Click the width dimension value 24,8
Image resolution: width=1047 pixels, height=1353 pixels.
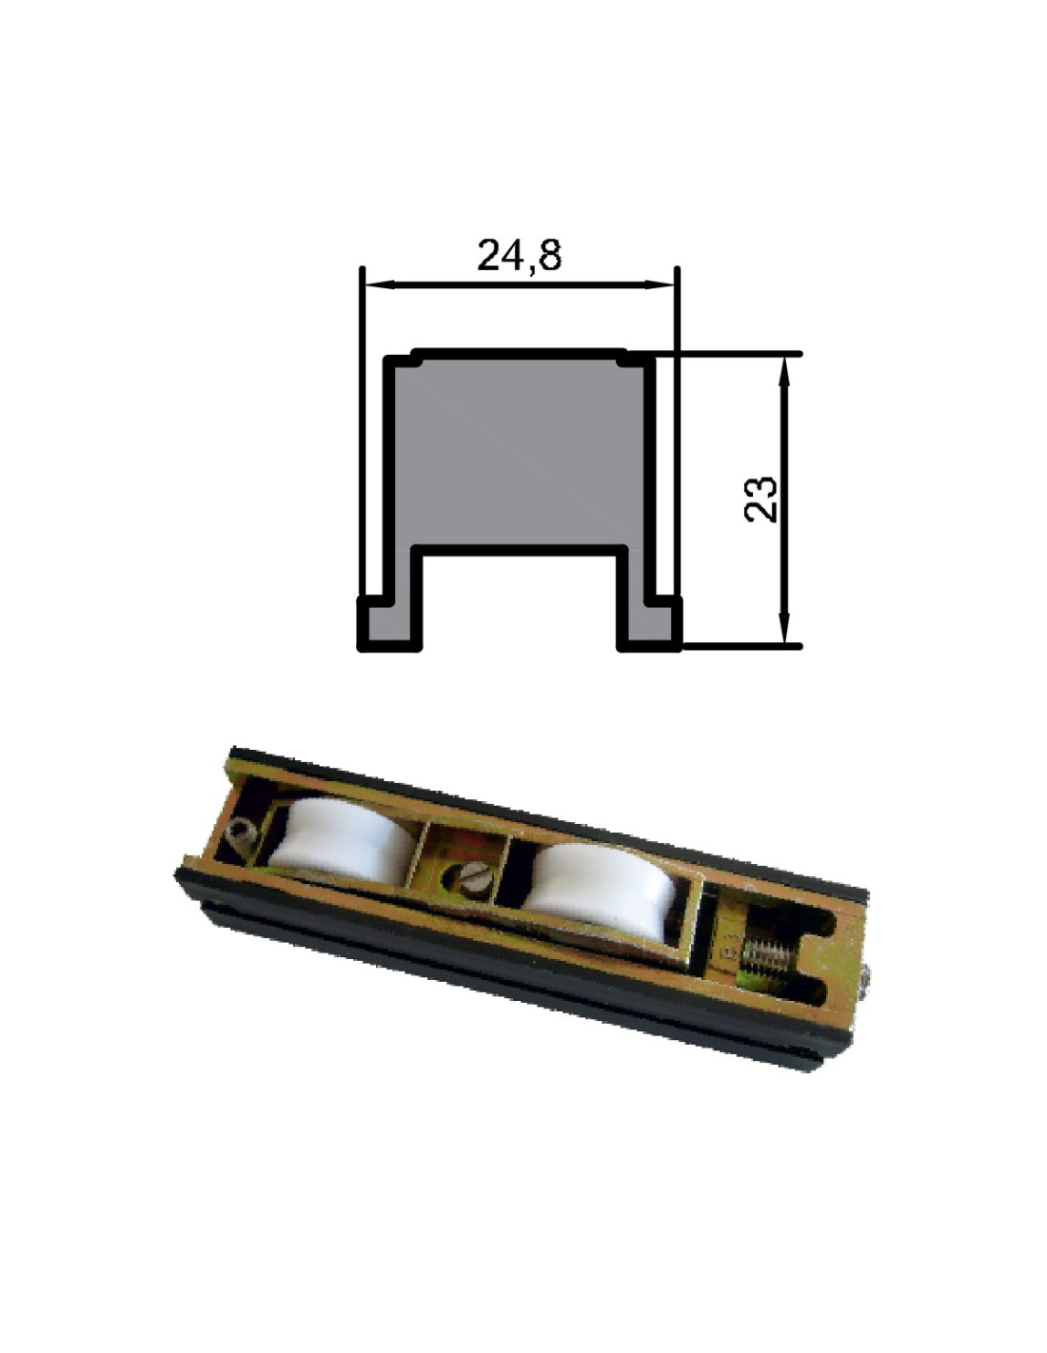(x=519, y=255)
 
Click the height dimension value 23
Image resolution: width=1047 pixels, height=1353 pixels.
(x=761, y=499)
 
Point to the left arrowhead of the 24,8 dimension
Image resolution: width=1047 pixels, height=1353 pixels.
(x=380, y=284)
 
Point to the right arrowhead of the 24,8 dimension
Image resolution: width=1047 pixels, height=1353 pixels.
(x=660, y=284)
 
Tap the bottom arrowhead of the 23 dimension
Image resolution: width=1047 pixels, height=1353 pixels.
(x=786, y=628)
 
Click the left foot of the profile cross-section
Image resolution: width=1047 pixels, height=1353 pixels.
(x=389, y=624)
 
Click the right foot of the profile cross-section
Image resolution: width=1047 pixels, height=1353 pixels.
(x=650, y=624)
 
